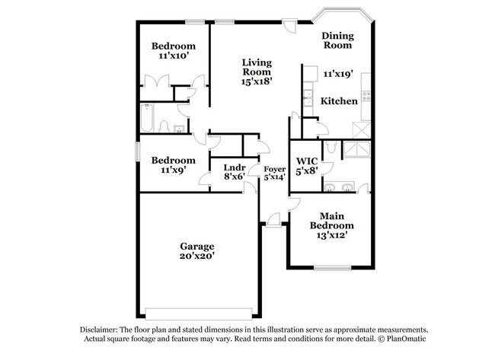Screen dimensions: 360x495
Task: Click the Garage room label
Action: click(196, 246)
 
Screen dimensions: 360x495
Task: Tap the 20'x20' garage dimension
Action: click(196, 256)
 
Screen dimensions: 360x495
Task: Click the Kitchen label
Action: click(339, 100)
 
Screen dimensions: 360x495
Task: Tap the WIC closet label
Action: click(306, 161)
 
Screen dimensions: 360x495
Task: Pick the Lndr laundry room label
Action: click(234, 167)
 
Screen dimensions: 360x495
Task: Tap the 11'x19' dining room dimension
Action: click(338, 74)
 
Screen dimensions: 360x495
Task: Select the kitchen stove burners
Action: click(365, 96)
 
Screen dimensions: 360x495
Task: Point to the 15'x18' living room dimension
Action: click(257, 78)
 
